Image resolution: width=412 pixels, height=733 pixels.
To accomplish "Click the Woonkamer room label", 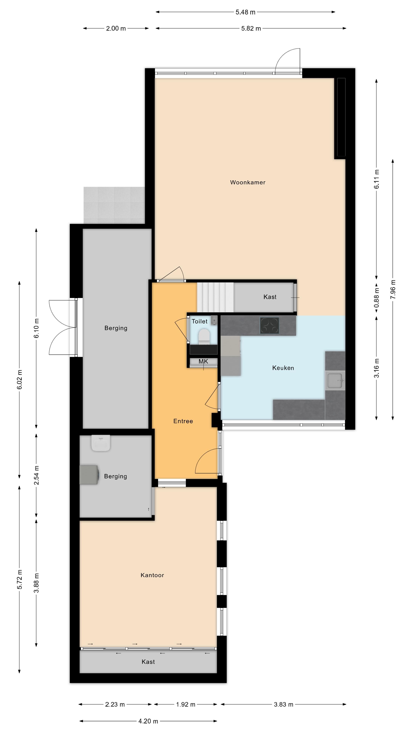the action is pyautogui.click(x=248, y=182).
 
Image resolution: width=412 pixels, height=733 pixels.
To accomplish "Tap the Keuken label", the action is pyautogui.click(x=283, y=368).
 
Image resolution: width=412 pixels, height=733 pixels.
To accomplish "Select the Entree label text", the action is pyautogui.click(x=183, y=421).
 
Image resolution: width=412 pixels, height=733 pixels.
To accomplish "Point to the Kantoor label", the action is pyautogui.click(x=152, y=575).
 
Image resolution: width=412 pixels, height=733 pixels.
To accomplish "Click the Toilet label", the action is pyautogui.click(x=199, y=321).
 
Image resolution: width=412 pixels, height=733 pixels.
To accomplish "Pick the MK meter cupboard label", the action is pyautogui.click(x=203, y=361).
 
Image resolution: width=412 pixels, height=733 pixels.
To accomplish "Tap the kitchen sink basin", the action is pyautogui.click(x=335, y=380).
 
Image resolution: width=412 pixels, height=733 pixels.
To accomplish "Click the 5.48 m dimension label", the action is pyautogui.click(x=245, y=12).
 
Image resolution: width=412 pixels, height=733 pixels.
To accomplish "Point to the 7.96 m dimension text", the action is pyautogui.click(x=393, y=289).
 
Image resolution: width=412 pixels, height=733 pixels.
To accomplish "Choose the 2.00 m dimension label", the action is pyautogui.click(x=116, y=28).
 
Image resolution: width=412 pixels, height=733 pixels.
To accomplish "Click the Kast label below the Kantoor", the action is pyautogui.click(x=148, y=662).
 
